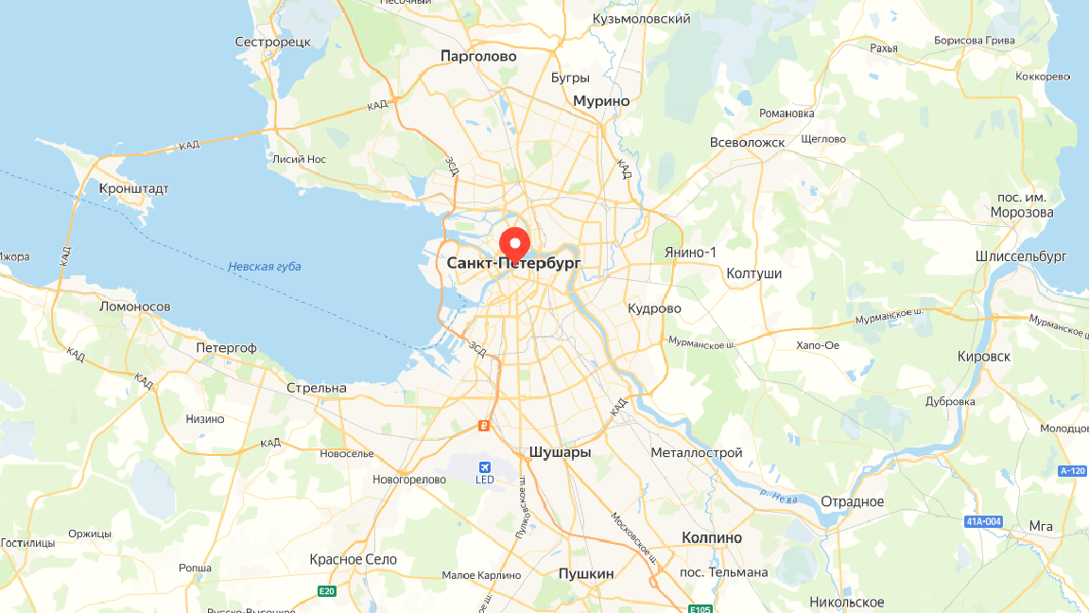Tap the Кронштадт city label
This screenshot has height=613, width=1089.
(x=133, y=188)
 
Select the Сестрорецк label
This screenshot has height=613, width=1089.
(x=272, y=42)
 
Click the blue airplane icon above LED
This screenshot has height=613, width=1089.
(x=485, y=466)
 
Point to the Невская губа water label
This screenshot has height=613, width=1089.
(x=264, y=267)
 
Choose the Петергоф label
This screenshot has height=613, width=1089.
(x=226, y=347)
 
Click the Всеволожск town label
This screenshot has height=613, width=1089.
(x=747, y=142)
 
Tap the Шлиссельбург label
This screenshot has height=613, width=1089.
(x=1020, y=256)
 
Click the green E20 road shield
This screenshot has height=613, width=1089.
(x=327, y=592)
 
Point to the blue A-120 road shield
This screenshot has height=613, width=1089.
(x=1072, y=471)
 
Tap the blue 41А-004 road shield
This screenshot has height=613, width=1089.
(x=984, y=521)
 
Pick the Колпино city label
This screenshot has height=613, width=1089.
(x=711, y=537)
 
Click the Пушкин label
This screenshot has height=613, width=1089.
(x=585, y=573)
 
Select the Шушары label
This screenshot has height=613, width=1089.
(x=560, y=452)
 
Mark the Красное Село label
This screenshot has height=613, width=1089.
(x=353, y=559)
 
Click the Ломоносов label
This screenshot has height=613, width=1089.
(x=134, y=306)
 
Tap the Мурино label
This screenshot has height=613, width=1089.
(x=600, y=100)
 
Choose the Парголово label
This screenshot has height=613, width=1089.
(x=478, y=56)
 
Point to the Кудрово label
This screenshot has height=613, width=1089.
(x=654, y=308)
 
